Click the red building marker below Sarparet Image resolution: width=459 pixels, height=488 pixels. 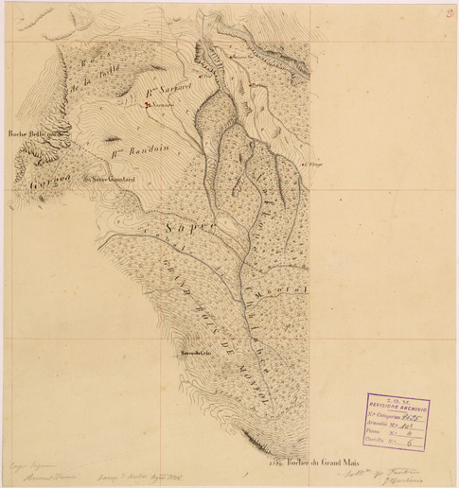click(x=148, y=106)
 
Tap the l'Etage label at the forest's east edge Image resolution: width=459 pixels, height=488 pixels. click(x=309, y=163)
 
